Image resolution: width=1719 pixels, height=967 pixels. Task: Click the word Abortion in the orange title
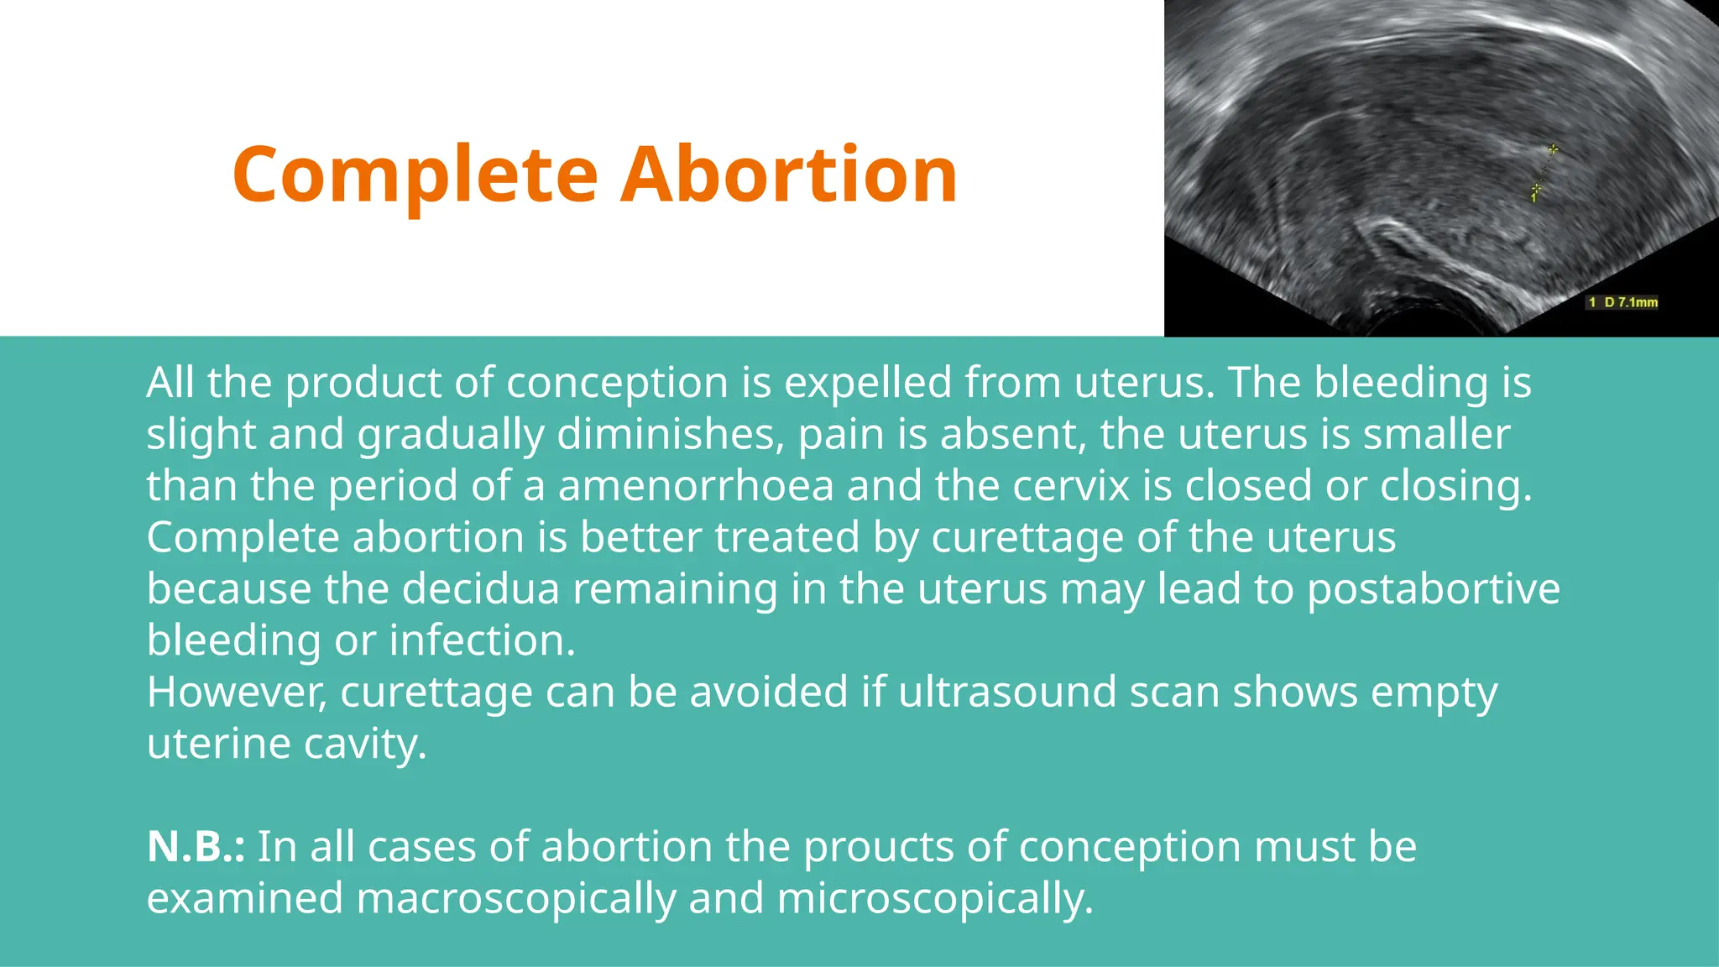click(x=788, y=175)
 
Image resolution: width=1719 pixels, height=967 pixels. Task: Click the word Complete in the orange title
click(x=415, y=175)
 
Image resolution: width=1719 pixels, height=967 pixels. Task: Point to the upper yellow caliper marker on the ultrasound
click(x=1553, y=149)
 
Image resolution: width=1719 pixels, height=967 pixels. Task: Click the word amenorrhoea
click(x=696, y=486)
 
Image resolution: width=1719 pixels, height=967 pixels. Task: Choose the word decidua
click(x=480, y=588)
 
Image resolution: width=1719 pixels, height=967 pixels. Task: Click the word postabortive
click(x=1434, y=588)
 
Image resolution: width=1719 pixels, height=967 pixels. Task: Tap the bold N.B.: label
click(x=196, y=846)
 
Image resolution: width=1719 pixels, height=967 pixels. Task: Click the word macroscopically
click(x=516, y=898)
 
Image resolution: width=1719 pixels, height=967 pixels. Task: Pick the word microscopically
click(x=935, y=898)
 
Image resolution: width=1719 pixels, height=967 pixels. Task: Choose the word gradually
click(x=451, y=435)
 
